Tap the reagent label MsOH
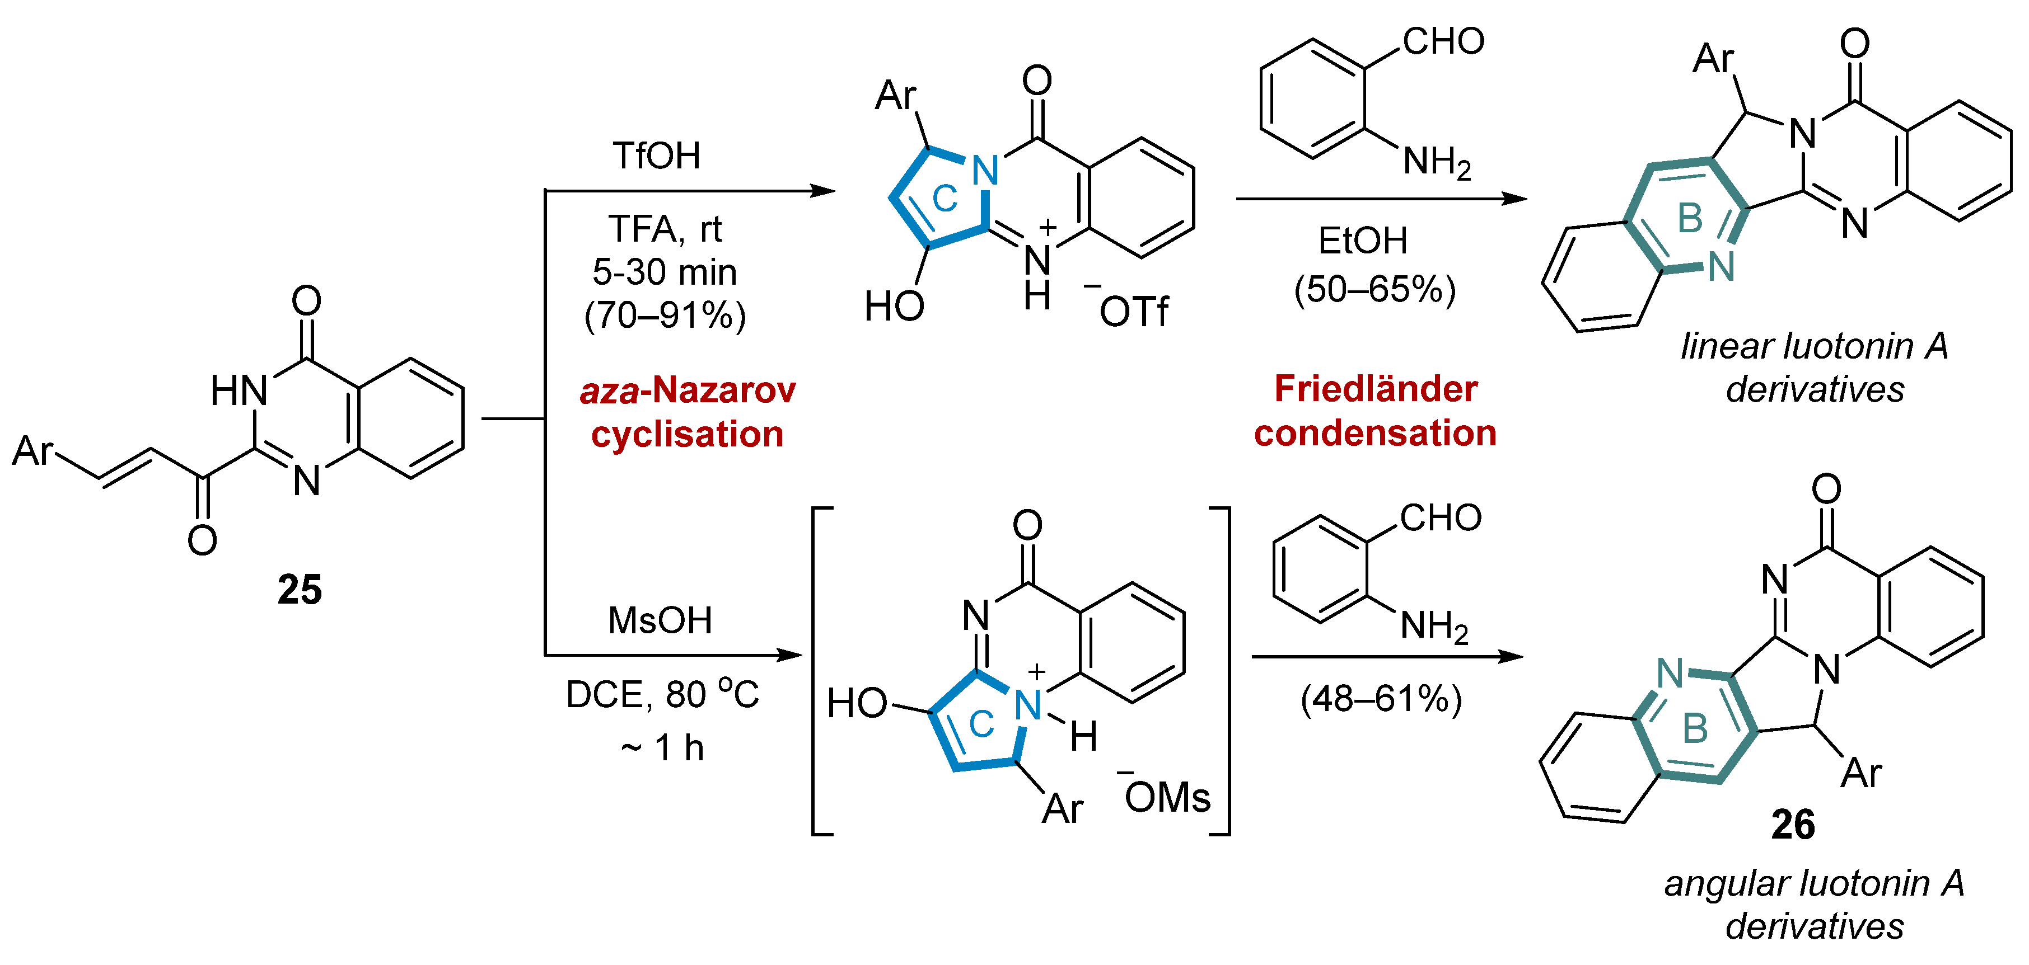(x=660, y=620)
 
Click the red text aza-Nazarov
(x=688, y=390)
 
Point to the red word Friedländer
(x=1375, y=389)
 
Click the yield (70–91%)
(x=665, y=315)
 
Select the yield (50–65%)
(x=1375, y=289)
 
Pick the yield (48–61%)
(x=1381, y=698)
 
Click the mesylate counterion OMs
(x=1167, y=798)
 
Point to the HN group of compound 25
(x=239, y=390)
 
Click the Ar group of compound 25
(x=33, y=451)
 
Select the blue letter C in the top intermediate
(x=945, y=199)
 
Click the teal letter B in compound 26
(x=1695, y=729)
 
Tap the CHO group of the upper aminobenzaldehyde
(x=1443, y=41)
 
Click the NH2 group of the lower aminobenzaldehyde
(x=1433, y=627)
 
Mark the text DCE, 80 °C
(x=662, y=694)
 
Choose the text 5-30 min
(x=664, y=272)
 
